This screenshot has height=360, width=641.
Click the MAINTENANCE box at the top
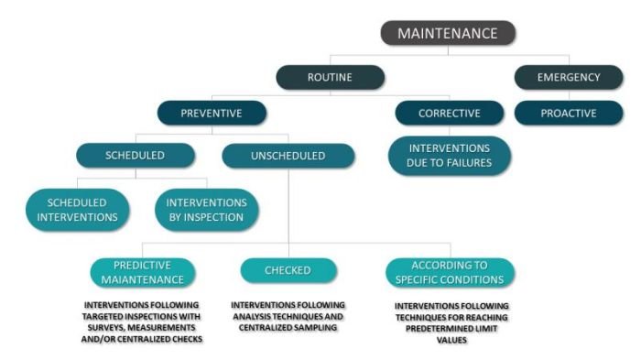[x=448, y=34]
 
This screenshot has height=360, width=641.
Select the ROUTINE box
[x=330, y=78]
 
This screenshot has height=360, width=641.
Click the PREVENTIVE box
[x=212, y=113]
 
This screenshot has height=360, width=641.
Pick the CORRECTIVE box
[x=449, y=113]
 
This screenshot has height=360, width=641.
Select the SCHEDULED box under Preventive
[x=134, y=156]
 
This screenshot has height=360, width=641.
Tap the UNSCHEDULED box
[x=288, y=156]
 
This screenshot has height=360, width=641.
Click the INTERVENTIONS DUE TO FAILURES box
[x=449, y=156]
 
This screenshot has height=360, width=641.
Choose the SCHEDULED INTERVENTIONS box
[x=77, y=210]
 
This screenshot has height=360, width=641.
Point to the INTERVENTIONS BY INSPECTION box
[x=206, y=210]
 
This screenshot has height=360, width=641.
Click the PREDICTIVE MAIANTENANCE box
[x=143, y=271]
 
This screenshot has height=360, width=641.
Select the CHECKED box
[x=288, y=271]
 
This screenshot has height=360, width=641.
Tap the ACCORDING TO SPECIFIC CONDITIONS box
[x=449, y=271]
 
